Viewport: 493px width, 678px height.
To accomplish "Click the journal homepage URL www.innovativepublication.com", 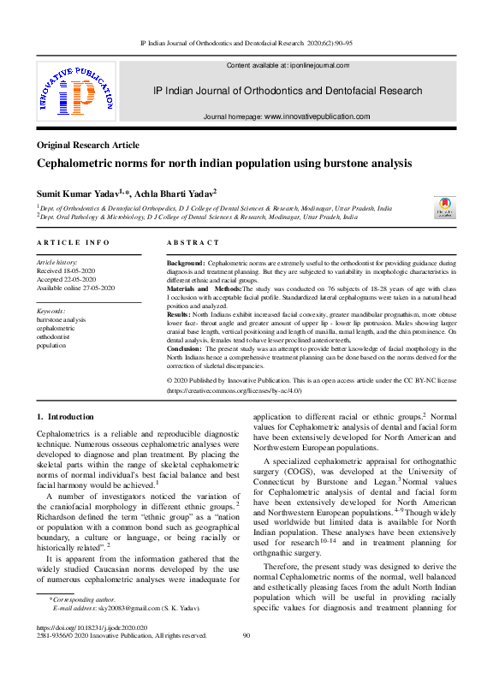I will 317,116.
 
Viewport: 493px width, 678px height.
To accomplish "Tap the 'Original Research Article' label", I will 87,146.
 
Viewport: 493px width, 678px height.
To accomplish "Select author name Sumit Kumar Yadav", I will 77,194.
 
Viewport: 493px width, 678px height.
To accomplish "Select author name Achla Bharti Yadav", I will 175,194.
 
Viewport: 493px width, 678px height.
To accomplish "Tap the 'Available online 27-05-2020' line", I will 77,288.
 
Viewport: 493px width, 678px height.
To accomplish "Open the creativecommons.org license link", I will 247,390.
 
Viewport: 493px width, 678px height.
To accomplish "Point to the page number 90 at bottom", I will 246,636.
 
